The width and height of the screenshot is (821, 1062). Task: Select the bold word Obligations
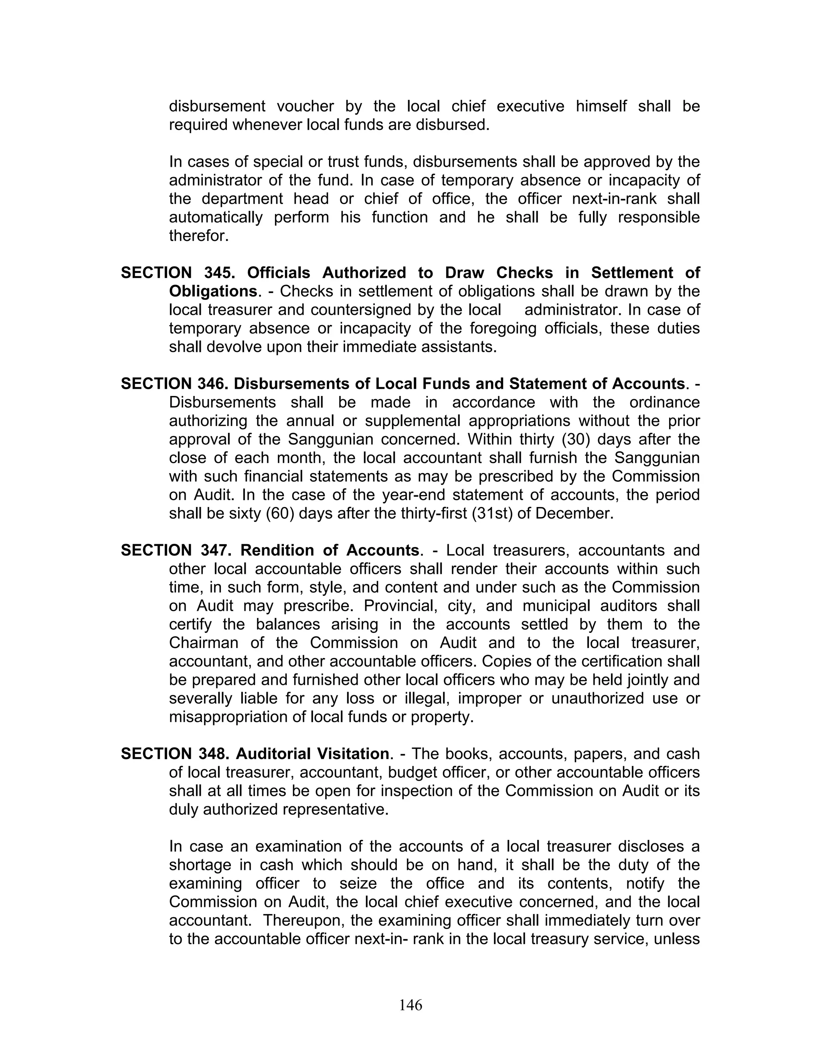pos(213,291)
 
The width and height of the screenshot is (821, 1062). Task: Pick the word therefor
pos(198,236)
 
